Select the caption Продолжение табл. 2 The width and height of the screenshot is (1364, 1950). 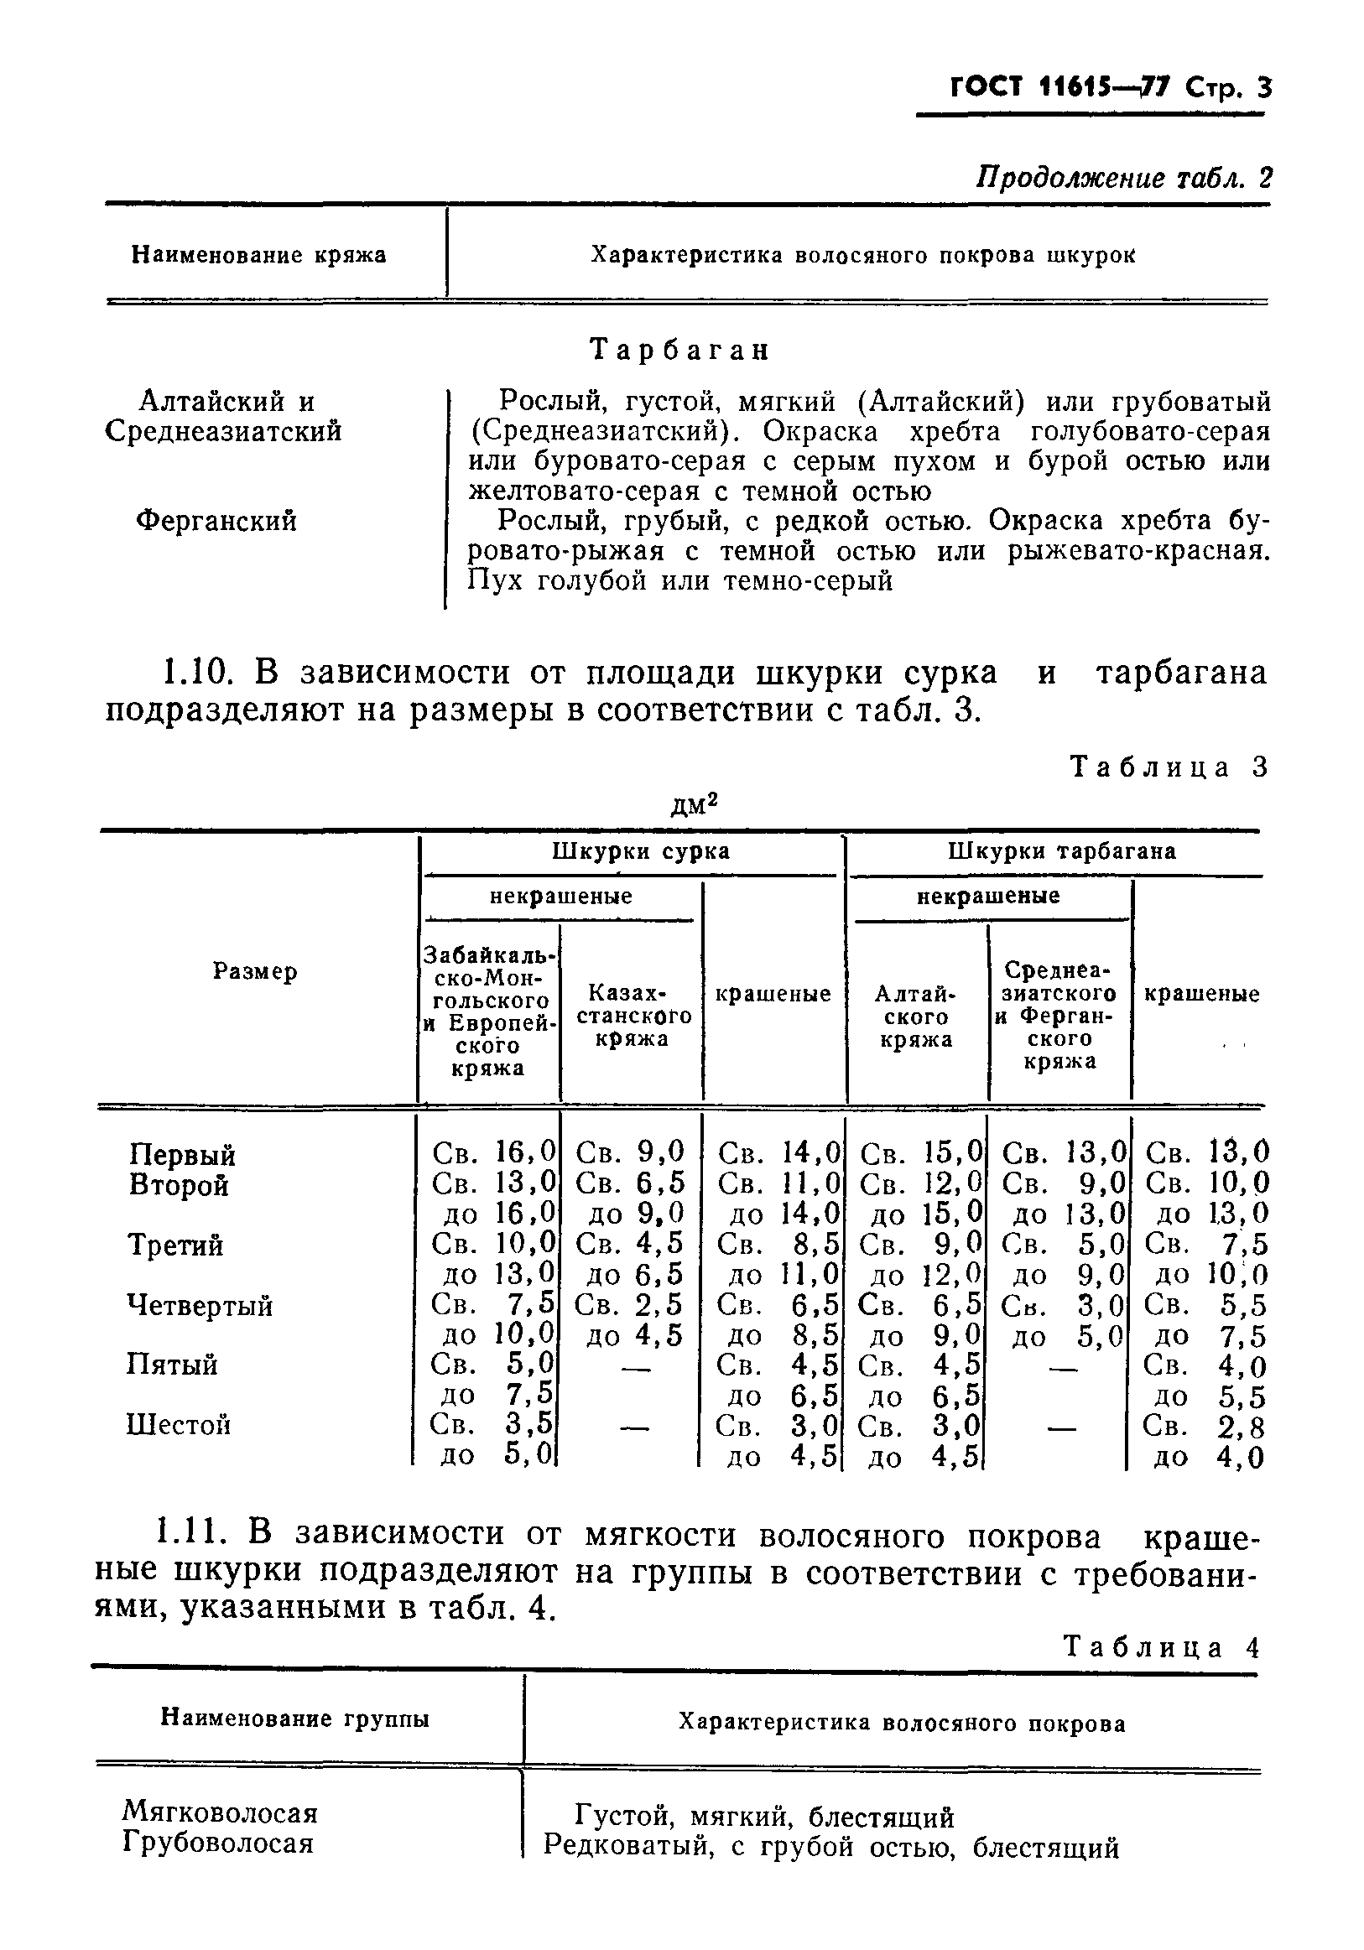point(1123,178)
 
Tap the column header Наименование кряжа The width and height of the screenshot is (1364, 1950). point(258,255)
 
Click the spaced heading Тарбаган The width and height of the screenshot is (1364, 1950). point(679,350)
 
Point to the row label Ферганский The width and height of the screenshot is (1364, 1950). point(216,521)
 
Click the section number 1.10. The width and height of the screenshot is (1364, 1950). point(195,673)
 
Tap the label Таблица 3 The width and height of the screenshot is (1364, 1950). point(1168,767)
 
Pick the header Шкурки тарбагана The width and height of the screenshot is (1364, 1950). point(1062,852)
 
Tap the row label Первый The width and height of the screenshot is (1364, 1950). point(183,1155)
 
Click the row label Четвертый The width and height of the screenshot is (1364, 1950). point(200,1305)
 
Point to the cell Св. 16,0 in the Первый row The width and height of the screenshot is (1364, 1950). point(493,1152)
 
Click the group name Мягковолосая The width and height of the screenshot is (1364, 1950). point(220,1812)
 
